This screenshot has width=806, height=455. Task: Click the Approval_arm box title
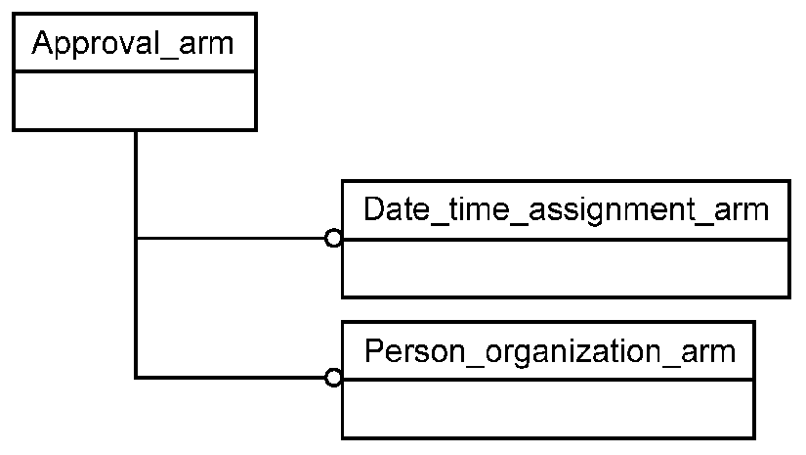[x=133, y=43]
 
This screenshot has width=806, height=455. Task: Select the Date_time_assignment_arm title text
[x=566, y=210]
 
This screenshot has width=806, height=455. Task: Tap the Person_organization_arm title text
[x=550, y=351]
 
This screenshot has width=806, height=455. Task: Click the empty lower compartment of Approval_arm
[x=135, y=101]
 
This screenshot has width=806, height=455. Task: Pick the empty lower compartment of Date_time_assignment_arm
[x=566, y=268]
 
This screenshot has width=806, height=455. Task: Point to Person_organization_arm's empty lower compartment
[x=548, y=409]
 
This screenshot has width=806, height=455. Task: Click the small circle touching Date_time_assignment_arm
[x=333, y=239]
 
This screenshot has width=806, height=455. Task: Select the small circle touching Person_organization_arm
[x=333, y=378]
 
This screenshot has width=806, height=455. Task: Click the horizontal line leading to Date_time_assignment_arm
[x=231, y=239]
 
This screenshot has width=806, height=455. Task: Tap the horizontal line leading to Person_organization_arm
[x=231, y=378]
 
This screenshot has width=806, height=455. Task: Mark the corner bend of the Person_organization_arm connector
[x=136, y=378]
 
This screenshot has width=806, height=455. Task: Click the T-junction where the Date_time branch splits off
[x=136, y=239]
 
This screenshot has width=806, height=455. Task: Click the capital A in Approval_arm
[x=42, y=42]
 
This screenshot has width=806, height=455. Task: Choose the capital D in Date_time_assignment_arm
[x=374, y=209]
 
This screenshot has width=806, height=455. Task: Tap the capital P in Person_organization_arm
[x=374, y=350]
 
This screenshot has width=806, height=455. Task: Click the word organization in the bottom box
[x=573, y=352]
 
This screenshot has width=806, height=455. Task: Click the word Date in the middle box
[x=397, y=209]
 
